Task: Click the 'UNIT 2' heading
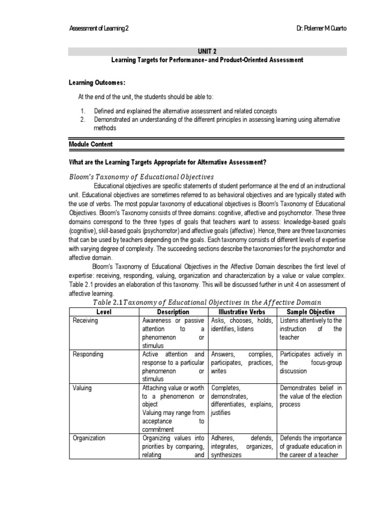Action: pyautogui.click(x=208, y=51)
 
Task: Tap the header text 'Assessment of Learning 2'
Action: pyautogui.click(x=99, y=29)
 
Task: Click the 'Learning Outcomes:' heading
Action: pyautogui.click(x=97, y=83)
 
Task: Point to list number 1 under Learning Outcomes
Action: pyautogui.click(x=83, y=111)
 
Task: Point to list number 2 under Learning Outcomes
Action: pyautogui.click(x=83, y=119)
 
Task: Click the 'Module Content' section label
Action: pyautogui.click(x=90, y=144)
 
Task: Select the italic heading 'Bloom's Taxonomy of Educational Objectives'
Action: pyautogui.click(x=141, y=176)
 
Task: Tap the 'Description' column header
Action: pyautogui.click(x=174, y=311)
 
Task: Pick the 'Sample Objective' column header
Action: pyautogui.click(x=311, y=311)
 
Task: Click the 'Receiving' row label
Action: pyautogui.click(x=85, y=321)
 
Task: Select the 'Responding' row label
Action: pyautogui.click(x=88, y=354)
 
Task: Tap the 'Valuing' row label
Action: pyautogui.click(x=82, y=388)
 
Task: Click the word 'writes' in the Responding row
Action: pyautogui.click(x=218, y=371)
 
